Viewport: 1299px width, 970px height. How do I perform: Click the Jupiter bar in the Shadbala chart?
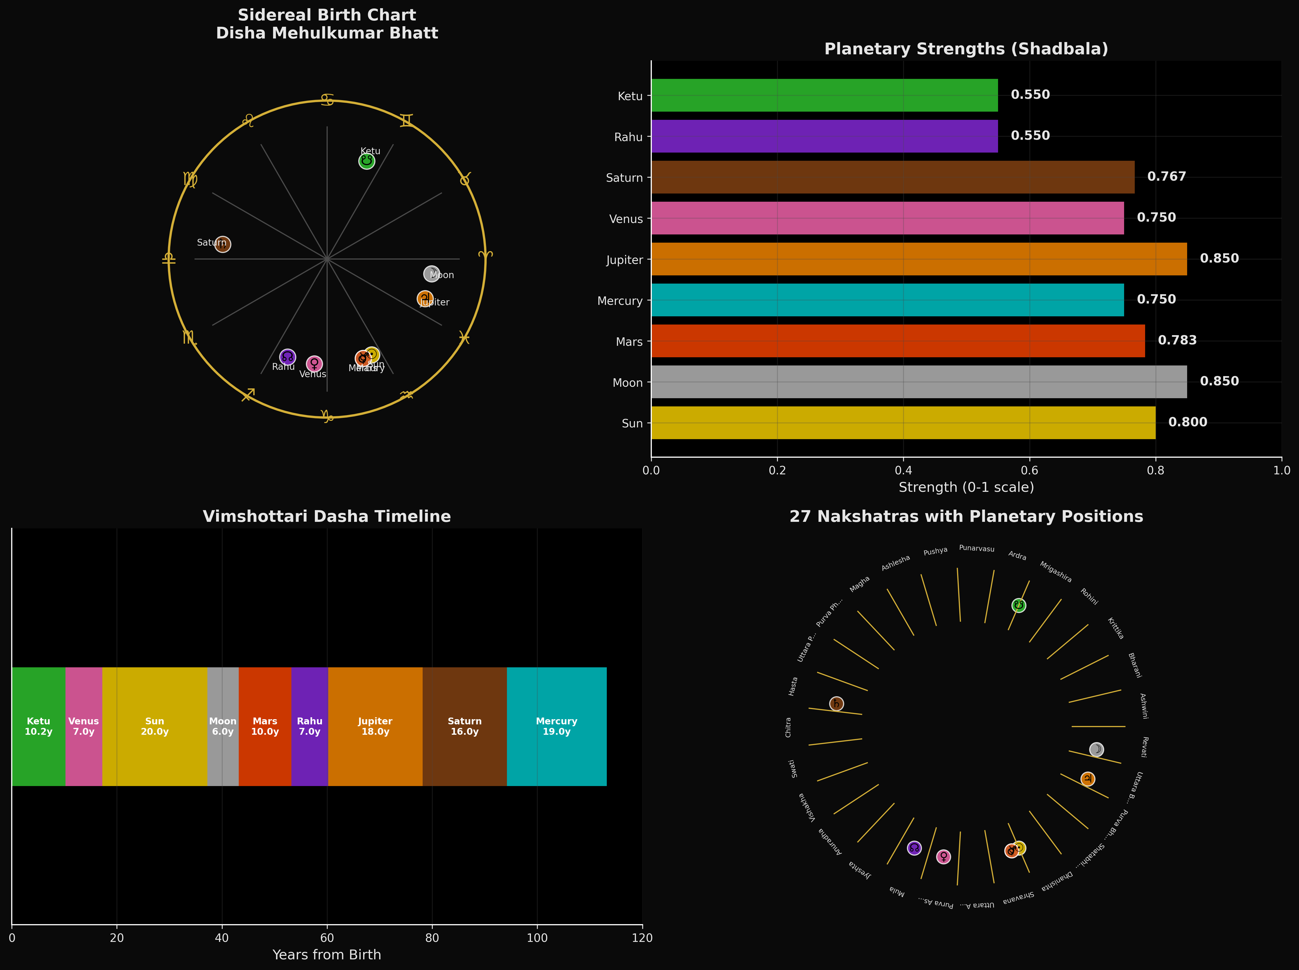coord(919,259)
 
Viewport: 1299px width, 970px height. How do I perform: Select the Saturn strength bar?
coord(892,177)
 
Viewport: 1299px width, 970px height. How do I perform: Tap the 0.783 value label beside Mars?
coord(1177,341)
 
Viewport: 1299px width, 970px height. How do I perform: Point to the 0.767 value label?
coord(1166,177)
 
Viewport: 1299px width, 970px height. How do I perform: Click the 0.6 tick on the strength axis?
coord(1030,470)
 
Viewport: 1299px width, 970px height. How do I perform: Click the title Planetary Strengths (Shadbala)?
coord(966,49)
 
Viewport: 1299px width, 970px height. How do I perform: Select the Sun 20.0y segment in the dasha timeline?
coord(155,726)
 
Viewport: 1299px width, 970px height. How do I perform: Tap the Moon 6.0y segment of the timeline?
coord(223,726)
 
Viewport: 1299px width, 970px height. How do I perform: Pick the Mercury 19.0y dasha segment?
coord(557,726)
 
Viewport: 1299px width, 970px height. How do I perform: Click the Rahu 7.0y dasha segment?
coord(309,726)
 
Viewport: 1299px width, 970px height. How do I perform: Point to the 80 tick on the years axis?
coord(432,938)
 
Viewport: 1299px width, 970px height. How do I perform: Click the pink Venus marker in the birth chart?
coord(314,364)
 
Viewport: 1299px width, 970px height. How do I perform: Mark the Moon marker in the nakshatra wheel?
coord(1096,749)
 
